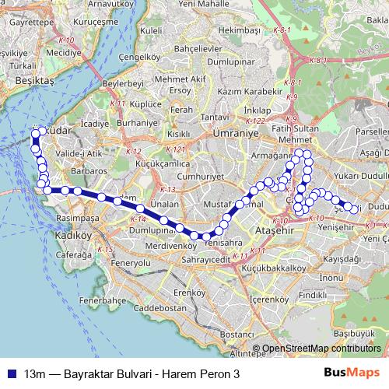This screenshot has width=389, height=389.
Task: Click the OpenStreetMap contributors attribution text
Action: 320,349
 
